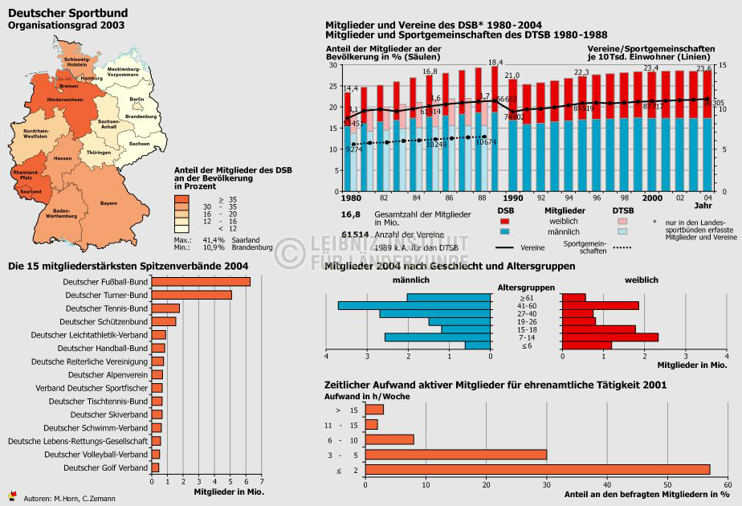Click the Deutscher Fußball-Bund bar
[x=201, y=282]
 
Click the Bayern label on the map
[x=108, y=204]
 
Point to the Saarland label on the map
[x=31, y=192]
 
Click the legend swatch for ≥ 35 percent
[x=181, y=198]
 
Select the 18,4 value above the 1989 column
[x=495, y=63]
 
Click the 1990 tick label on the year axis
[x=513, y=198]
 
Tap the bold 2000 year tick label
[x=652, y=198]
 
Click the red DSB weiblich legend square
[x=504, y=221]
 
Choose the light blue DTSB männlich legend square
[x=622, y=231]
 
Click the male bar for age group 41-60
[x=414, y=305]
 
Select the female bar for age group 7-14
[x=609, y=337]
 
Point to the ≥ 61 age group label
[x=526, y=297]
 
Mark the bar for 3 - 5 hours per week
[x=455, y=455]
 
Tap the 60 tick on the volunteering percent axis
[x=728, y=485]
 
